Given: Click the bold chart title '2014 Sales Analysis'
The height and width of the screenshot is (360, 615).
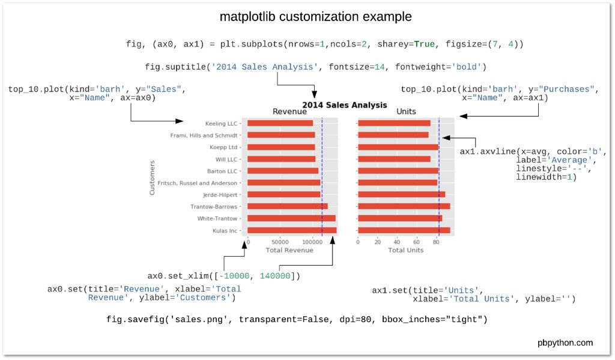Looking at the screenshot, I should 344,105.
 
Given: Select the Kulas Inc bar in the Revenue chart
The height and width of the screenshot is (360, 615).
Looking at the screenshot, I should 291,230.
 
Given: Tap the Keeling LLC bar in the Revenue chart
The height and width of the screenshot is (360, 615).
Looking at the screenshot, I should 280,123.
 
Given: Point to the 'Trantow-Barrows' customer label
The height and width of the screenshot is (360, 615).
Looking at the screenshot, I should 214,207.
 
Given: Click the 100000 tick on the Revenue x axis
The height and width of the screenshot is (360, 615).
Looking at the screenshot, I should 312,242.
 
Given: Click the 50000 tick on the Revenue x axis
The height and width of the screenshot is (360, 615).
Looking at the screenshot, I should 280,242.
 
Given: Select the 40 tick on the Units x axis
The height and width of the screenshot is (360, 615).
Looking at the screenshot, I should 397,242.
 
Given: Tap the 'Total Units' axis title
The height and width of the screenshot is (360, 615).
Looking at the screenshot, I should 405,250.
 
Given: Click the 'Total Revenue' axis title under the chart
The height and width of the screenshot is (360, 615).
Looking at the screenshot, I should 289,250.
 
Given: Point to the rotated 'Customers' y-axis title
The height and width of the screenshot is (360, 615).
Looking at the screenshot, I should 152,177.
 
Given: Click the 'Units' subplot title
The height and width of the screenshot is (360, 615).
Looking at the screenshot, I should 406,112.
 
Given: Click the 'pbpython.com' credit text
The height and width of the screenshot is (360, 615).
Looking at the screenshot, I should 565,343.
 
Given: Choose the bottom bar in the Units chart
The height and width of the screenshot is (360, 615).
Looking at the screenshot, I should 404,230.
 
